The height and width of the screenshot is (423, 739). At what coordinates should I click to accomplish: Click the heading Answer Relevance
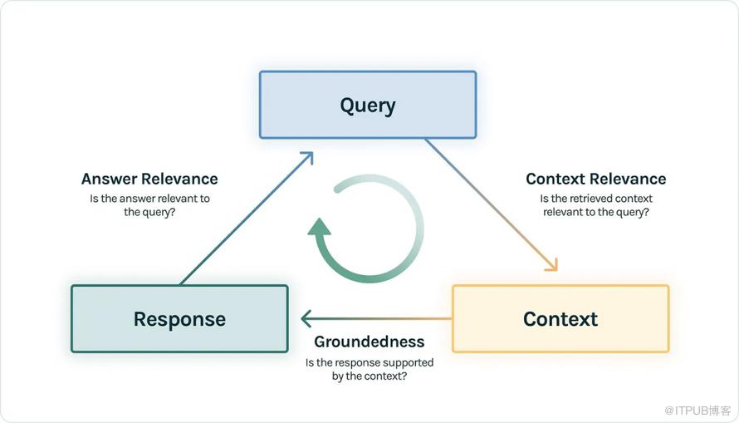(149, 179)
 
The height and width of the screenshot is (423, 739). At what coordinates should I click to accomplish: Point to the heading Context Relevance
(595, 179)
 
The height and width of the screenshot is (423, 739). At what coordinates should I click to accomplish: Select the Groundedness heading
(369, 342)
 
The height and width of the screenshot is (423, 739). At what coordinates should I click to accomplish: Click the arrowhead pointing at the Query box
(307, 157)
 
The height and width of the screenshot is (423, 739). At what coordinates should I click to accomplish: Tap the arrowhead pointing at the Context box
(551, 265)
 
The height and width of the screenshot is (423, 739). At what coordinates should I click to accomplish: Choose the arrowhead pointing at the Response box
(306, 318)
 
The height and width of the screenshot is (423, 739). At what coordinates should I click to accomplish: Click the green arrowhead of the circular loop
(320, 228)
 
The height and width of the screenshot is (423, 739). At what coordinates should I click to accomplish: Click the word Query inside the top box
(368, 106)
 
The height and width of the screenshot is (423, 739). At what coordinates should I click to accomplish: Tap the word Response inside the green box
(179, 319)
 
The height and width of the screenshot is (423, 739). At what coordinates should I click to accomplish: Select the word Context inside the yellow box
(560, 319)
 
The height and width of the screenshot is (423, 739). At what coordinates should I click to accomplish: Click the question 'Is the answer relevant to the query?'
(149, 205)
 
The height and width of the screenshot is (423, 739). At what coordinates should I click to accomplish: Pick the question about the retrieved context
(595, 205)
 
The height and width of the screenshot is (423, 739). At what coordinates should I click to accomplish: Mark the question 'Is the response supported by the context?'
(369, 369)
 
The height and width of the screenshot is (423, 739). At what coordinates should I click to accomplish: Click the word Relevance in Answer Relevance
(179, 179)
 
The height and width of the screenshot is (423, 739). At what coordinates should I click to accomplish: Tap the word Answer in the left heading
(110, 179)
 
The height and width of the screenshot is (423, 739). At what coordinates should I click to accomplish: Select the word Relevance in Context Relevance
(628, 179)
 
